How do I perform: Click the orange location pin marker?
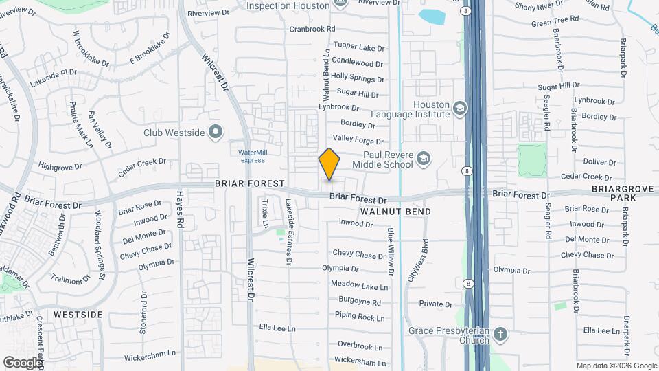pyautogui.click(x=329, y=164)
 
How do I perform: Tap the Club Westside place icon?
pyautogui.click(x=216, y=131)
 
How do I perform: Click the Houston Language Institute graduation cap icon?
pyautogui.click(x=459, y=108)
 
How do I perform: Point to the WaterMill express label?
pyautogui.click(x=252, y=156)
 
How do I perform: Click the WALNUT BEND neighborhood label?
pyautogui.click(x=395, y=212)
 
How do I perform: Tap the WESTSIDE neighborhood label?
pyautogui.click(x=78, y=315)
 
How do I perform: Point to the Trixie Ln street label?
pyautogui.click(x=264, y=214)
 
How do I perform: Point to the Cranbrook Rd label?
pyautogui.click(x=312, y=30)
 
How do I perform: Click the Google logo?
pyautogui.click(x=23, y=362)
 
